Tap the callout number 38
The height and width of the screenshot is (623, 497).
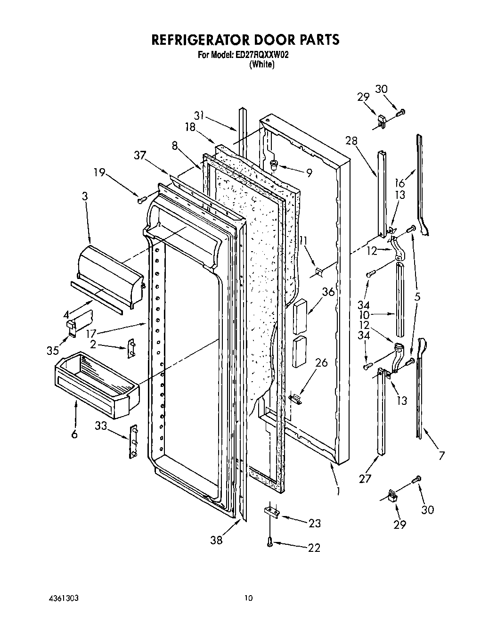tap(217, 541)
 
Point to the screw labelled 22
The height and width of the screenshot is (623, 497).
tap(270, 542)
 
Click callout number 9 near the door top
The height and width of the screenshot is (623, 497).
tap(309, 173)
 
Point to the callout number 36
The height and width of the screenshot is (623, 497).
tap(328, 292)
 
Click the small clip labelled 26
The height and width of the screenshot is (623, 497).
tap(295, 398)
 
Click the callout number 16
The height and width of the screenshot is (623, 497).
tap(400, 183)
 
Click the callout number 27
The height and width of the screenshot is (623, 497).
tap(365, 479)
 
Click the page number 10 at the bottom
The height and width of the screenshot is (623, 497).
tap(248, 598)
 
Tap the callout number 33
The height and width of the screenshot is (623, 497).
tap(101, 426)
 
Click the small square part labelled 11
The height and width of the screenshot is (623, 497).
tap(318, 271)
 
